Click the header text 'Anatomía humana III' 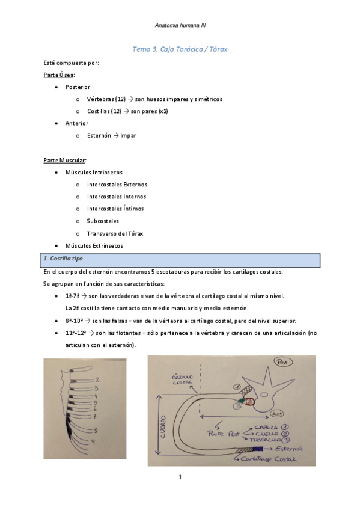click(180, 25)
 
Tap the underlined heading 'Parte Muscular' click(65, 160)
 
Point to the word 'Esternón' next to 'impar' click(99, 135)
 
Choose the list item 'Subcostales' click(103, 221)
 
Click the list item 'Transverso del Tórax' click(115, 233)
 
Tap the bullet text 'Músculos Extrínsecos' click(94, 245)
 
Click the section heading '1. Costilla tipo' click(63, 258)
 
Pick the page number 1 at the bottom click(180, 477)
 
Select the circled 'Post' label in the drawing click(281, 362)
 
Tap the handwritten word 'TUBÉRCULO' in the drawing click(264, 440)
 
